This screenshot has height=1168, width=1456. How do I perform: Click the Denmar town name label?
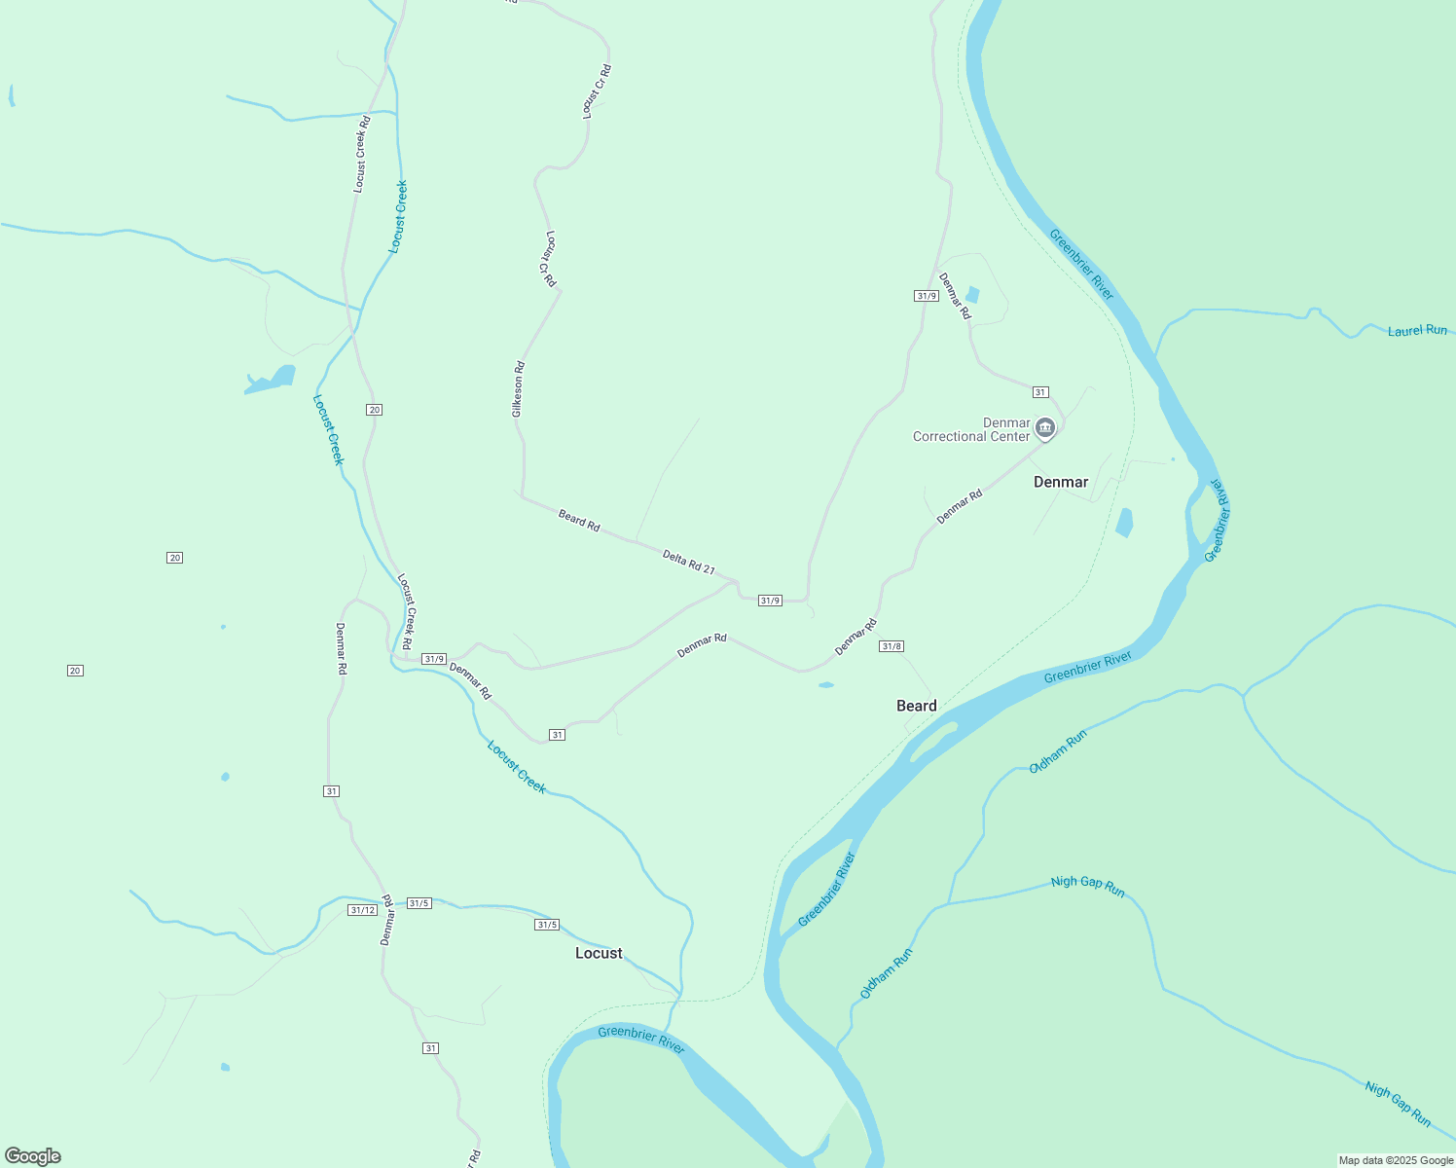coord(1060,482)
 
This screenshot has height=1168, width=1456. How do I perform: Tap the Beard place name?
coord(916,706)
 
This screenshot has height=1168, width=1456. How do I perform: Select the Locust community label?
coord(599,953)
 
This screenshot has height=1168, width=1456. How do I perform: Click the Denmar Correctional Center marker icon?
coord(1045,427)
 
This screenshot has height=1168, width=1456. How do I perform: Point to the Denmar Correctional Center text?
coord(970,429)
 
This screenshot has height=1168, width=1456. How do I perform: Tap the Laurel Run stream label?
coord(1417,331)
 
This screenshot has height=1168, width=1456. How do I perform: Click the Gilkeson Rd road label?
coord(519,389)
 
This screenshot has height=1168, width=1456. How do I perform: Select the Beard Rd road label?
coord(579,520)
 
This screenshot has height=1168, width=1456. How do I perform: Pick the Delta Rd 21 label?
coord(688,562)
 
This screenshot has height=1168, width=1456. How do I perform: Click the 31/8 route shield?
coord(891,646)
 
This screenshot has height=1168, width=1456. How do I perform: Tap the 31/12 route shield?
coord(362,910)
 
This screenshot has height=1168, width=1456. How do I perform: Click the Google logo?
coord(33,1156)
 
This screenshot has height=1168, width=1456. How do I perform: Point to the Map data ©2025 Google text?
coord(1396,1160)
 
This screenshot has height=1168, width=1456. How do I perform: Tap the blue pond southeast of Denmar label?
coord(1125,523)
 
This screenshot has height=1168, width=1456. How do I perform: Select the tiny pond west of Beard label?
coord(826,685)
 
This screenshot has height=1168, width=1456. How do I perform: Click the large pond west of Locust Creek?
coord(272,381)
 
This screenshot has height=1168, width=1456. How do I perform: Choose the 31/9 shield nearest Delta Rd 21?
coord(770,601)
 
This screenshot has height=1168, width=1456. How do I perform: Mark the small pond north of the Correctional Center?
coord(971,295)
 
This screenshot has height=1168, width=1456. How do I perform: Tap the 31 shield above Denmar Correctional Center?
coord(1040,392)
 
